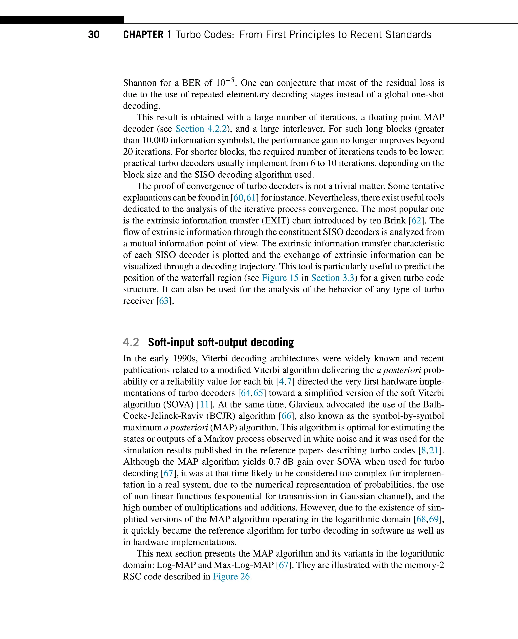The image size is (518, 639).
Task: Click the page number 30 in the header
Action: tap(94, 35)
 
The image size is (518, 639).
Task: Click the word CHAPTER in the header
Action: tap(143, 35)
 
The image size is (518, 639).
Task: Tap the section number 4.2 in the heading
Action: tap(131, 342)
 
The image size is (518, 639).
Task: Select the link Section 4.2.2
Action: tap(201, 129)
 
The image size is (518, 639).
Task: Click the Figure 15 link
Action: tap(280, 278)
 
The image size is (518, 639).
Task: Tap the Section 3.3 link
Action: tap(332, 278)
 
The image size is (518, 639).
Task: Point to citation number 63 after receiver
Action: tap(164, 301)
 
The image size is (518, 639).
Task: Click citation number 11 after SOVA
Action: tap(204, 404)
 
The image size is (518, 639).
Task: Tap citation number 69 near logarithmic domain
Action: tap(434, 519)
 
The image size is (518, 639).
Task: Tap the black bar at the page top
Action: tap(62, 20)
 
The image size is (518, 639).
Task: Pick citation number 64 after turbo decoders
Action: tap(246, 393)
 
